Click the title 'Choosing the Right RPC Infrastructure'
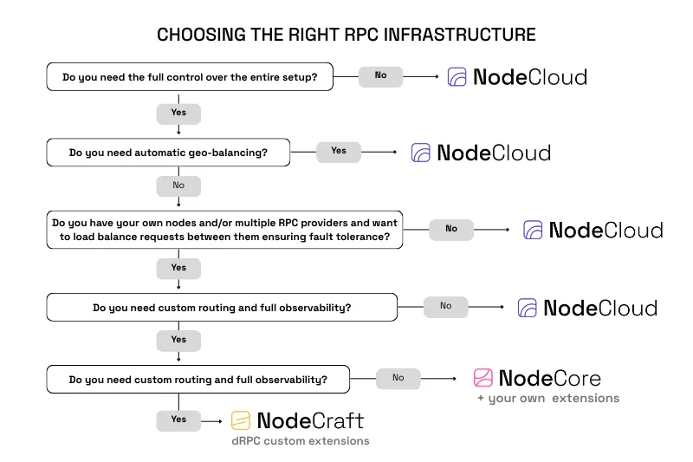(346, 35)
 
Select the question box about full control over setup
(190, 76)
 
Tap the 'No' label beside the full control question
(380, 75)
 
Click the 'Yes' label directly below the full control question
(178, 113)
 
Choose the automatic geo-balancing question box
(168, 153)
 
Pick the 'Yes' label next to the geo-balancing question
(339, 151)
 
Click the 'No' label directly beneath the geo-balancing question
(178, 185)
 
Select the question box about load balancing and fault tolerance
(223, 230)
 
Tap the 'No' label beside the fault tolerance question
(451, 229)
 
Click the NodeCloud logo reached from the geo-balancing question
(481, 153)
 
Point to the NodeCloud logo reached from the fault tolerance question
(593, 230)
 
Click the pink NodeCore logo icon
(483, 378)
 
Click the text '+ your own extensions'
(548, 399)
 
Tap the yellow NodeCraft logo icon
(241, 421)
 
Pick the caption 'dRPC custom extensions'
(300, 441)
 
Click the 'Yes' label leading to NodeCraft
(178, 420)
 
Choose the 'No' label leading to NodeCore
(398, 378)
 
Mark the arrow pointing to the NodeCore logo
(442, 379)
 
